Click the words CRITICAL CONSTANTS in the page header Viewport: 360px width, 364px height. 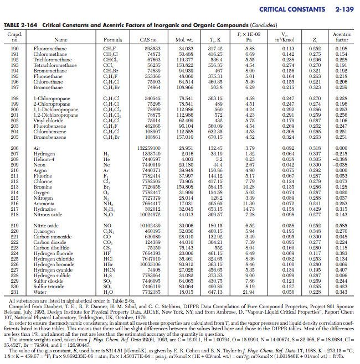point(291,9)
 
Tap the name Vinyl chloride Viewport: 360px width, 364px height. point(47,119)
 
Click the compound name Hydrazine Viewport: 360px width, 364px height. point(44,194)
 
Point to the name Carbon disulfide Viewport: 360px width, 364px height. point(50,249)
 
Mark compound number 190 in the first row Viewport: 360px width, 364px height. point(15,49)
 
